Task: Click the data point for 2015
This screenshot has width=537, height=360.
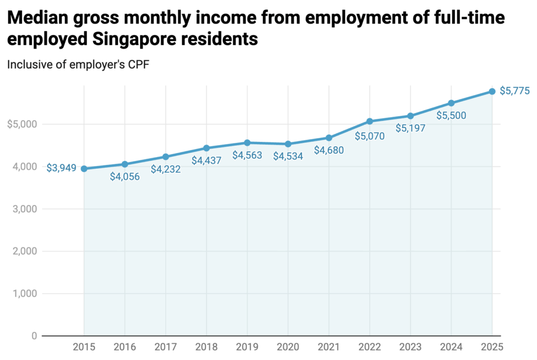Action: tap(84, 169)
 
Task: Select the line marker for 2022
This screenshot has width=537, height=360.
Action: tap(370, 121)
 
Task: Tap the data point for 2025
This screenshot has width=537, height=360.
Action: tap(492, 91)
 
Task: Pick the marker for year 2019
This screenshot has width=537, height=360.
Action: tap(247, 143)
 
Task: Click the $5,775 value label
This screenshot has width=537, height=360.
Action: tap(515, 91)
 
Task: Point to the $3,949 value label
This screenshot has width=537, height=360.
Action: tap(61, 168)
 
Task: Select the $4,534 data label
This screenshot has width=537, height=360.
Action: tap(288, 156)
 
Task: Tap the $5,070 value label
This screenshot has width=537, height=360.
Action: tap(370, 136)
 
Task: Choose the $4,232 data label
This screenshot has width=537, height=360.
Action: tap(166, 169)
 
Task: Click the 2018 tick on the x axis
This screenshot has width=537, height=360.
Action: tap(206, 347)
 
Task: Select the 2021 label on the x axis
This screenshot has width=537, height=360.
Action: tap(329, 347)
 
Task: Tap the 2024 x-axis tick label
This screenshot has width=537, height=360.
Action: tap(451, 347)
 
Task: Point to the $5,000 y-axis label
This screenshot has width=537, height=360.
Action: tap(22, 124)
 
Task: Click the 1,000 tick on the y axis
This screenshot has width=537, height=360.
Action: tap(24, 293)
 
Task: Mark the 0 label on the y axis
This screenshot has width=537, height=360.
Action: tap(33, 336)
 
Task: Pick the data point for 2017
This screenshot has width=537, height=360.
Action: tap(166, 157)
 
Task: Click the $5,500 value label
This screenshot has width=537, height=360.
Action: tap(451, 116)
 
